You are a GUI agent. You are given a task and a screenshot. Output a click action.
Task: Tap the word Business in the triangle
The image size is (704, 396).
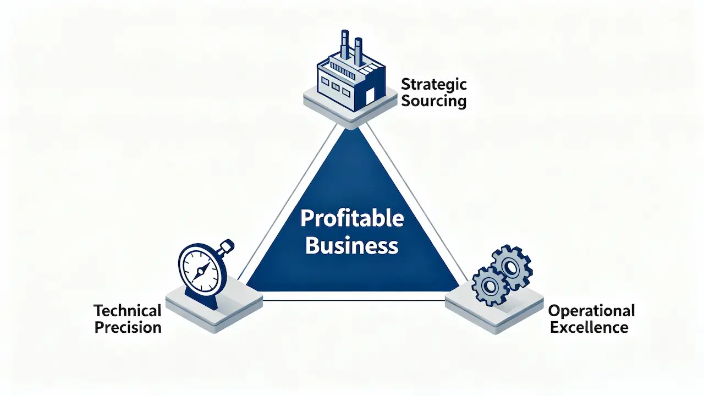[352, 245]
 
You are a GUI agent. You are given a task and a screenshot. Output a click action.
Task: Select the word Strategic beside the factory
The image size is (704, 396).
[433, 85]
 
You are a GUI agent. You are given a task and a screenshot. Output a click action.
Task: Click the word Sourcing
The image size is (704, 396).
[433, 102]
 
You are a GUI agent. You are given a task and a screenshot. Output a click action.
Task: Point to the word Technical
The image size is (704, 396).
[128, 310]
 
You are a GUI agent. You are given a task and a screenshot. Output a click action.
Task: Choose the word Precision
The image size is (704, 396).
[128, 327]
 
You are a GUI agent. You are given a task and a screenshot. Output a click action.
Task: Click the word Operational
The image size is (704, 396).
[591, 310]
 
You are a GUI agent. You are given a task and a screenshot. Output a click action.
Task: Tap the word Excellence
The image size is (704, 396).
[589, 327]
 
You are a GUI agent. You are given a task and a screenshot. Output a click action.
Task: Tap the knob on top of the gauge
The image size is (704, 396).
[227, 245]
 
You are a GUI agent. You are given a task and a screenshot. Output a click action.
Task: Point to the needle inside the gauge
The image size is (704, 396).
[202, 269]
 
